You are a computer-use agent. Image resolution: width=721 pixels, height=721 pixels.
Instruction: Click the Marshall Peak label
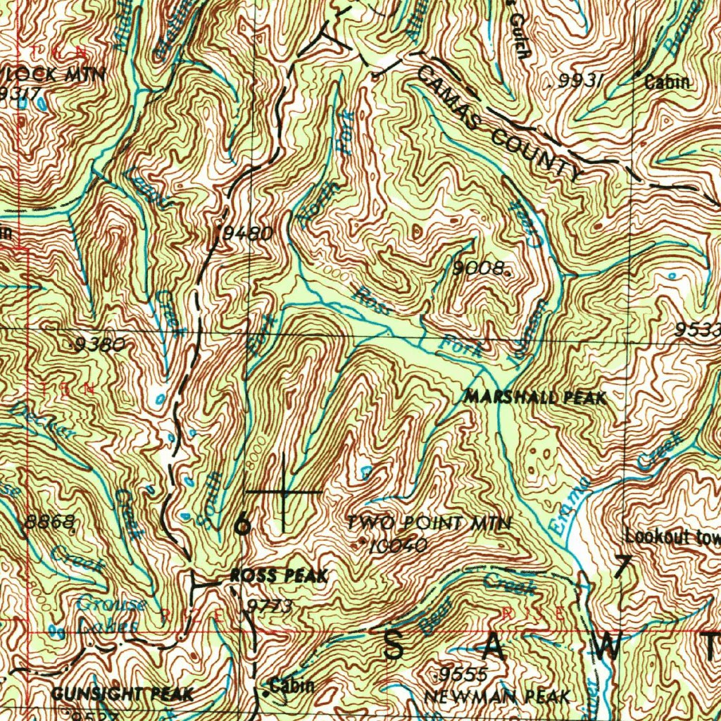point(534,398)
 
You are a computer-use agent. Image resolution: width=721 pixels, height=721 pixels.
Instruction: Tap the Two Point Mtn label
point(428,523)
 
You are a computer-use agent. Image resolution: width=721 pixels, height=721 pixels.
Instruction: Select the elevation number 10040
point(399,545)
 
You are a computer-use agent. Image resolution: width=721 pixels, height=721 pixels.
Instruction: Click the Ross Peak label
point(279,577)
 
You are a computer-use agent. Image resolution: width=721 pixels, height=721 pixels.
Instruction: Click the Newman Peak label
point(496,697)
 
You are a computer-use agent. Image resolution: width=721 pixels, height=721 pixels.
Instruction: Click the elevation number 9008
point(480,268)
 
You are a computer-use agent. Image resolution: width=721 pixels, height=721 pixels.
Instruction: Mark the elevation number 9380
point(101,344)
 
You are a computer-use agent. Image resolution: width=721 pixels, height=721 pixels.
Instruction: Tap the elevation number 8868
point(50,522)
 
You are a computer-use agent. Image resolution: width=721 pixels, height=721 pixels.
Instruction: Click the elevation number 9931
point(581,82)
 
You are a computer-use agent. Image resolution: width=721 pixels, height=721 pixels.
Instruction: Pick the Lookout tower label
point(672,537)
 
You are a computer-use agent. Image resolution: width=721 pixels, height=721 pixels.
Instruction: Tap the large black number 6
point(242,524)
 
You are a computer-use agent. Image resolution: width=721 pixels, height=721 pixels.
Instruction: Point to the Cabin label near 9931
point(667,82)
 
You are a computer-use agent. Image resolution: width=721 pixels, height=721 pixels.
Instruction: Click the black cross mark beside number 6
point(284,491)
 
